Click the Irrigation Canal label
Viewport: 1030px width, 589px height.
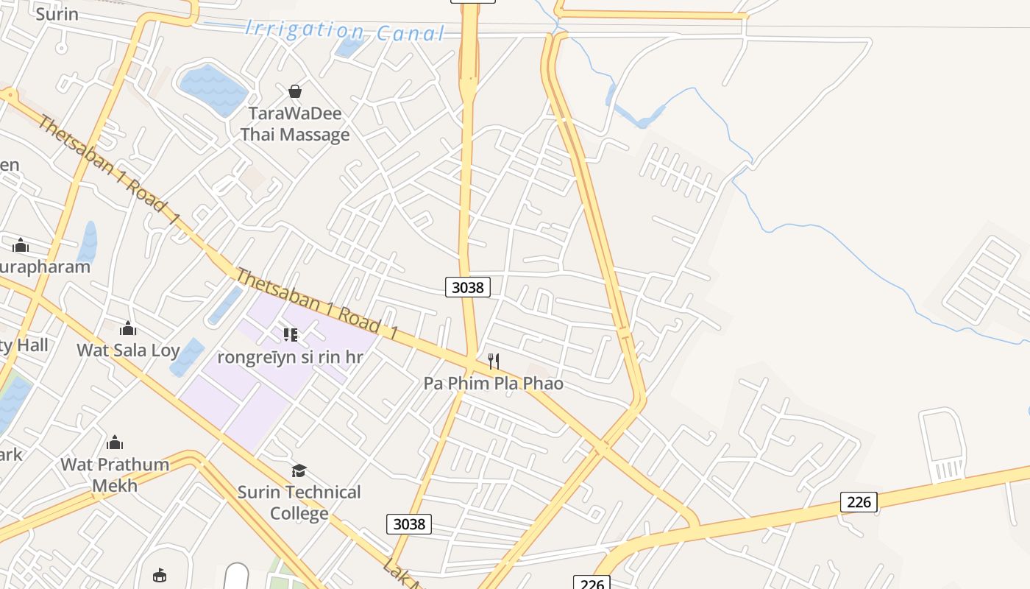(345, 31)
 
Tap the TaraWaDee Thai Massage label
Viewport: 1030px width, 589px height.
(294, 124)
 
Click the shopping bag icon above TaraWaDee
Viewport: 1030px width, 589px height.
(295, 91)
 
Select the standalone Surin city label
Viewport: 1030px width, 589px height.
(57, 13)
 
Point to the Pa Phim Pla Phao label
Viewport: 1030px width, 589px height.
(493, 383)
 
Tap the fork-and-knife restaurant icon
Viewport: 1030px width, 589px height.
(494, 361)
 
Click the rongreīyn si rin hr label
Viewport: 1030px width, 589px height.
(291, 357)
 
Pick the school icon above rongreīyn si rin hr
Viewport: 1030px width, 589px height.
(291, 335)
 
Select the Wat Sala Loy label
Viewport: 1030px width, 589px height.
(128, 350)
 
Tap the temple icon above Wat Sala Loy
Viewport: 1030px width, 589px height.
(128, 328)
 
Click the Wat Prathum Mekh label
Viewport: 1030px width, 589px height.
(115, 475)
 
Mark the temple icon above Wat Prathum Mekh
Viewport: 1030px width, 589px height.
(115, 442)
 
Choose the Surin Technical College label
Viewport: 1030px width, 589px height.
(299, 502)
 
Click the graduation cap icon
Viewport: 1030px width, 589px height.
(299, 470)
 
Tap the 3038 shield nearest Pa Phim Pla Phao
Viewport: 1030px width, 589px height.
(467, 287)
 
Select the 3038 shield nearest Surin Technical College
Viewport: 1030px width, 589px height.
(408, 523)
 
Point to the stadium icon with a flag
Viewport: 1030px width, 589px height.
(160, 575)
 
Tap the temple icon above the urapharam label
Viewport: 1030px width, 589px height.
(21, 245)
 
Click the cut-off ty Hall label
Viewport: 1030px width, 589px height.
(24, 345)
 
